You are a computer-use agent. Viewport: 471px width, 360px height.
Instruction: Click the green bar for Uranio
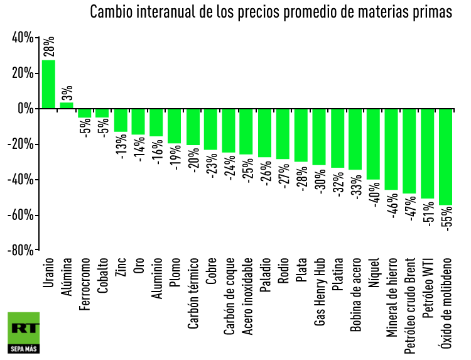48,84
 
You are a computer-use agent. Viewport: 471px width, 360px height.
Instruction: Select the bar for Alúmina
67,106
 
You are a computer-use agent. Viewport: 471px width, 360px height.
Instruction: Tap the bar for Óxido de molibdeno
446,157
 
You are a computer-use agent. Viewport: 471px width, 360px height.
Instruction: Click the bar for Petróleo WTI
428,154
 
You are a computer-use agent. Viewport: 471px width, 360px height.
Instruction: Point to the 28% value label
49,47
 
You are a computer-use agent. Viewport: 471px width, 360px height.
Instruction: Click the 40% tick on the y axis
22,39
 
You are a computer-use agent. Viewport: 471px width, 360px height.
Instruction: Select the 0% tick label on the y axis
25,109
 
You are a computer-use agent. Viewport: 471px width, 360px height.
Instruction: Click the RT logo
24,327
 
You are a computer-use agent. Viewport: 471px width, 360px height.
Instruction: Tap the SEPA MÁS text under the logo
24,348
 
